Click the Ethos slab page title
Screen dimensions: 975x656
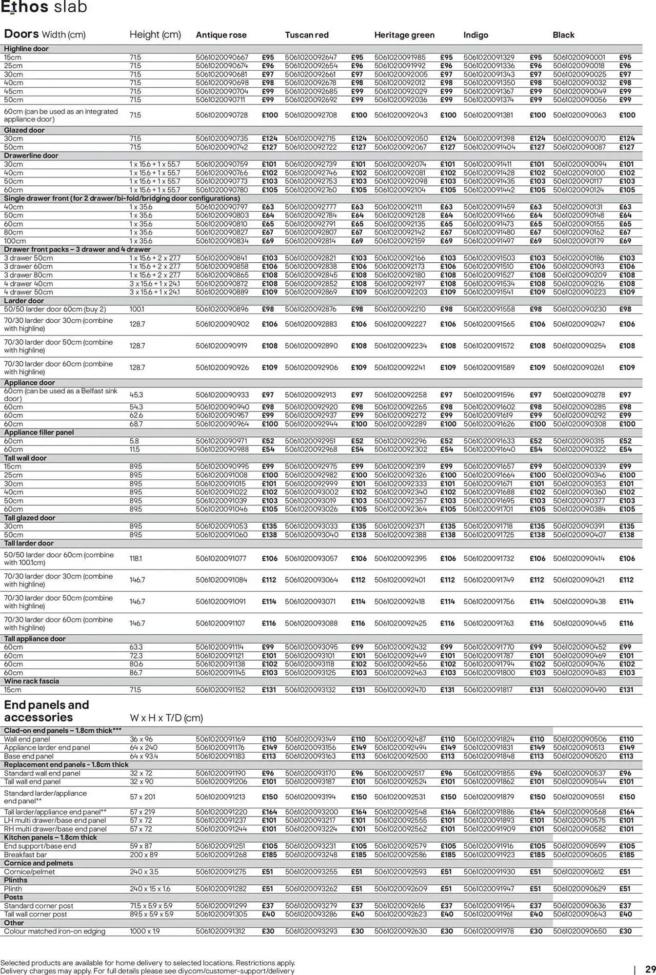click(44, 7)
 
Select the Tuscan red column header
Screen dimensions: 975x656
click(306, 35)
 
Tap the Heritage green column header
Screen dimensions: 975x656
click(404, 35)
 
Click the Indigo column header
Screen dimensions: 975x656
click(476, 35)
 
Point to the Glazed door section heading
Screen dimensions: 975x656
click(24, 130)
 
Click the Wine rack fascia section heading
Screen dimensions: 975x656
click(32, 681)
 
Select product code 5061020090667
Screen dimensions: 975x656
click(222, 58)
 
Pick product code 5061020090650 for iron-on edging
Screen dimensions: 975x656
click(579, 931)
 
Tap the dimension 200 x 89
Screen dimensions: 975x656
click(143, 855)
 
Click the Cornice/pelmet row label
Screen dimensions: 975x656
click(29, 872)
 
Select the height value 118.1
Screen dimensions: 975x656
click(136, 559)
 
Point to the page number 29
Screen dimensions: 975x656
click(650, 969)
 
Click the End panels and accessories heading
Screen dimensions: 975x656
click(46, 711)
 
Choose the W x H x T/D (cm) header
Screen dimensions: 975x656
click(166, 718)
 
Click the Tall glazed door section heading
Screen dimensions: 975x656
click(29, 518)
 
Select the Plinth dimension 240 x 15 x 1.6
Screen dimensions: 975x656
click(150, 889)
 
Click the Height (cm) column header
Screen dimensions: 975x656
click(155, 35)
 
